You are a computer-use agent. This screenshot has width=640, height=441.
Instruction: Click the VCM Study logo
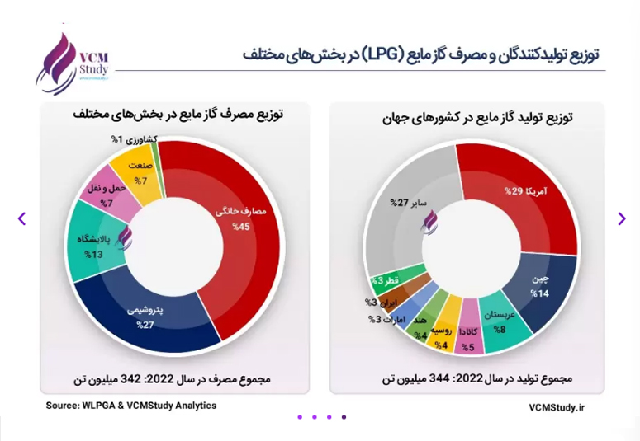72,64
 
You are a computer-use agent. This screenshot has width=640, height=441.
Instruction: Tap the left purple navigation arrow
22,218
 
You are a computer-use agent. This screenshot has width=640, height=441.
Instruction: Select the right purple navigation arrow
622,218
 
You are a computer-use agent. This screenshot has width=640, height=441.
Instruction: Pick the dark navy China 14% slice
538,290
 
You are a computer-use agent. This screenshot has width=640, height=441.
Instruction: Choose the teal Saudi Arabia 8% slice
499,322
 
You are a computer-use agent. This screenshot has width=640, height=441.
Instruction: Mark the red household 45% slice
237,228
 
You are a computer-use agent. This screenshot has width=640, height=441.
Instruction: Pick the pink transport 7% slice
109,191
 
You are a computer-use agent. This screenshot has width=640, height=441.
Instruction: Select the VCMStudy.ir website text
557,407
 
